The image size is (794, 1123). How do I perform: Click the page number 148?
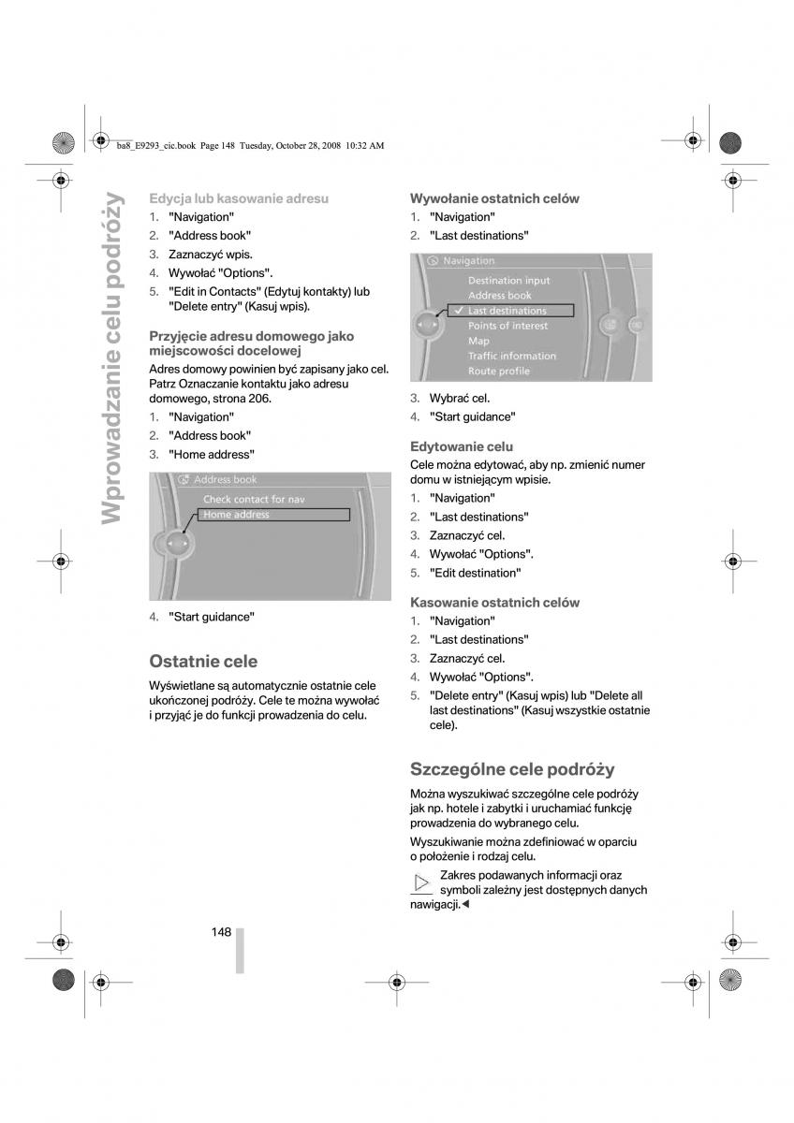[221, 932]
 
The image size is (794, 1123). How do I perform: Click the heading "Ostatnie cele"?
[203, 661]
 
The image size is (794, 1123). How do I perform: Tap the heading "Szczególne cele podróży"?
[512, 769]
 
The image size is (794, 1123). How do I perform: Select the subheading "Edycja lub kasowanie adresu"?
[239, 198]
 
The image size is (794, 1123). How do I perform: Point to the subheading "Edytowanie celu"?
[462, 446]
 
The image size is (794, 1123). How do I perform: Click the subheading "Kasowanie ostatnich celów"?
[494, 603]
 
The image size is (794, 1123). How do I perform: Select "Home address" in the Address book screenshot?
[237, 515]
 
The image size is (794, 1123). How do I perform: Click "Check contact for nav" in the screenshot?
[254, 500]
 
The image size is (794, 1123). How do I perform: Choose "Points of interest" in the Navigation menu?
[508, 326]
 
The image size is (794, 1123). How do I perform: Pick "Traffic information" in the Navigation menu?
[511, 356]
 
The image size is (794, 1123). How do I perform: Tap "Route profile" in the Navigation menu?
[498, 372]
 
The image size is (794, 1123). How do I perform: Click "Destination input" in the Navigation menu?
[508, 281]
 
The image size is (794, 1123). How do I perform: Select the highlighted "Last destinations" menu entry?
[507, 311]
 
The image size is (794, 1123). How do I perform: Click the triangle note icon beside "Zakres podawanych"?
[422, 882]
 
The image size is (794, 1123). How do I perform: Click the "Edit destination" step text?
[476, 573]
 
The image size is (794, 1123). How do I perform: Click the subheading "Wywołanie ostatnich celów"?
[494, 198]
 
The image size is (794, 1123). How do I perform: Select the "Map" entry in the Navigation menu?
[478, 341]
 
